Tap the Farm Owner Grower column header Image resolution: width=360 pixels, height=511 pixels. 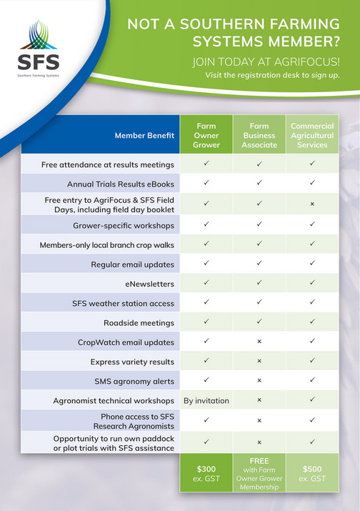pyautogui.click(x=206, y=135)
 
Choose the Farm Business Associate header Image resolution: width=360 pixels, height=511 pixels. pyautogui.click(x=259, y=135)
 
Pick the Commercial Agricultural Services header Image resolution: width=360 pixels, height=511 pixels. pyautogui.click(x=312, y=135)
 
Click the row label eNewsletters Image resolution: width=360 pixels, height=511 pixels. pyautogui.click(x=149, y=284)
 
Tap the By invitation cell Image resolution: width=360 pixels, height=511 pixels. pyautogui.click(x=206, y=401)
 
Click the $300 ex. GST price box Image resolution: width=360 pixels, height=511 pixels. pyautogui.click(x=206, y=472)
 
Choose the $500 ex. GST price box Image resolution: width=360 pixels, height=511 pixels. pyautogui.click(x=312, y=472)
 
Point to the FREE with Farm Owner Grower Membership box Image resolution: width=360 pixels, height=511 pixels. pyautogui.click(x=259, y=472)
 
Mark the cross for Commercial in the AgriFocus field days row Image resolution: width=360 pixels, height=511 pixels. pyautogui.click(x=312, y=204)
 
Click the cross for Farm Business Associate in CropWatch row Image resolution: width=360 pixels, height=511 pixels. pyautogui.click(x=259, y=342)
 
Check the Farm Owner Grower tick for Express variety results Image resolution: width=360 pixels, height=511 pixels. pyautogui.click(x=206, y=361)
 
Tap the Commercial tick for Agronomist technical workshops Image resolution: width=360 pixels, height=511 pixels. pyautogui.click(x=312, y=400)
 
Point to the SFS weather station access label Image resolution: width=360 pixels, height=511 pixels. pyautogui.click(x=123, y=304)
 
